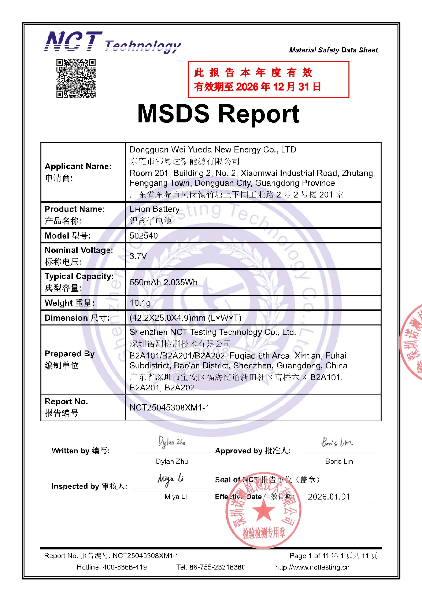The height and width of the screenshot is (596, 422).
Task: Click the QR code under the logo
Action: click(76, 78)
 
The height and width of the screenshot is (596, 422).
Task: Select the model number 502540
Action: click(144, 236)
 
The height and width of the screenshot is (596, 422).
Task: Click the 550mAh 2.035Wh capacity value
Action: click(163, 282)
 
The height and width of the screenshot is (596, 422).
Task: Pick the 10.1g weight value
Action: click(140, 303)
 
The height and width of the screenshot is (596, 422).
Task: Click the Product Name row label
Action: click(75, 209)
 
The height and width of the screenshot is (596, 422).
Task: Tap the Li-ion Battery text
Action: click(155, 209)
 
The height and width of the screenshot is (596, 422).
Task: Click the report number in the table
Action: click(169, 407)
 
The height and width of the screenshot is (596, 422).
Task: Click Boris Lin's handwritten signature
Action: click(337, 442)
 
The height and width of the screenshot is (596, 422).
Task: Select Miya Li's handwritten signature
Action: click(171, 479)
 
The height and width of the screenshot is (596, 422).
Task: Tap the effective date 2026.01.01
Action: click(329, 497)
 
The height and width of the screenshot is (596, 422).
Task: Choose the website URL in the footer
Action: click(312, 567)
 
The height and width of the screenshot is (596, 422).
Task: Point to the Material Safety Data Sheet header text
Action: click(333, 50)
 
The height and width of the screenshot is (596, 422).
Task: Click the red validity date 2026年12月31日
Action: click(278, 87)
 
